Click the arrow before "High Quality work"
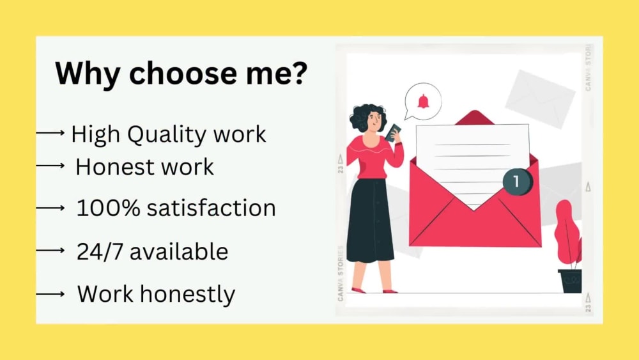[x=50, y=133]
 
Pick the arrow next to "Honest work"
[x=50, y=166]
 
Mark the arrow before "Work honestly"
[x=50, y=294]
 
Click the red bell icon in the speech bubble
[x=422, y=101]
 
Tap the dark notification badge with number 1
[x=516, y=182]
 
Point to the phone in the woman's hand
[x=392, y=130]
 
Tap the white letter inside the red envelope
[x=473, y=160]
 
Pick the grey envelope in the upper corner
[x=540, y=98]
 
